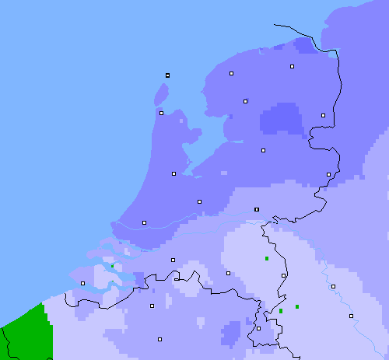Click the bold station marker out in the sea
(x=167, y=75)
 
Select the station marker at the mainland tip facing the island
(x=161, y=113)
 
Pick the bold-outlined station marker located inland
(x=257, y=209)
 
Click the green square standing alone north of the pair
(x=267, y=258)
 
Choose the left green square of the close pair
(x=281, y=311)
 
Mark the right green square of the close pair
(x=297, y=307)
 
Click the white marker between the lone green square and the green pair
(x=283, y=275)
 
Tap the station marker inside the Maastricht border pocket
(x=258, y=328)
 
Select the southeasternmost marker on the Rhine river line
(x=351, y=316)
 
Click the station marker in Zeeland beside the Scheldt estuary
(x=82, y=283)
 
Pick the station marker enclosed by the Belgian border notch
(x=177, y=278)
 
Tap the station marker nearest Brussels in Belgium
(x=159, y=339)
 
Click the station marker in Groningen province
(x=292, y=67)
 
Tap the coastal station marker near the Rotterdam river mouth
(x=144, y=222)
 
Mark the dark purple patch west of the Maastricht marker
(x=232, y=332)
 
